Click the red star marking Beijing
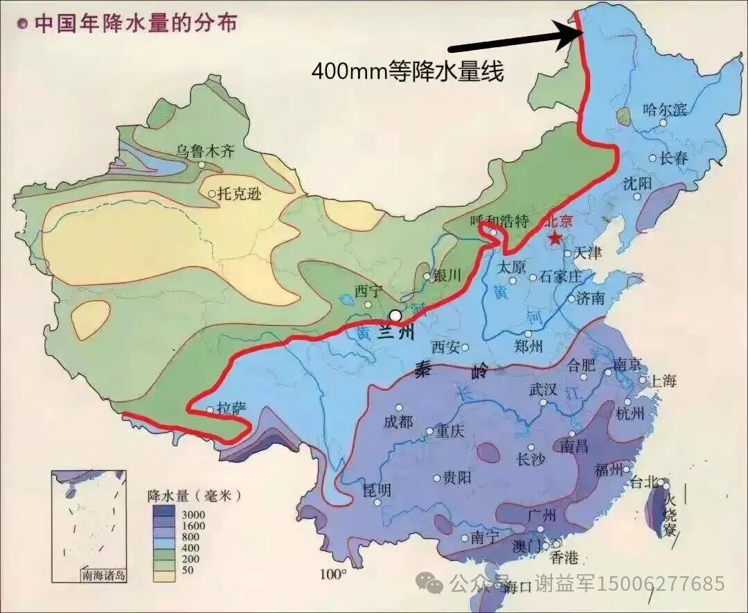click(555, 238)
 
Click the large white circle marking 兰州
click(395, 316)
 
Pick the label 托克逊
click(240, 194)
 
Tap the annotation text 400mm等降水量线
click(407, 71)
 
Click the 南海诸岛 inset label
click(103, 575)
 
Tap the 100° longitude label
click(333, 573)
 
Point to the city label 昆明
click(377, 490)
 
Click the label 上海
click(661, 380)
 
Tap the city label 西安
click(445, 347)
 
